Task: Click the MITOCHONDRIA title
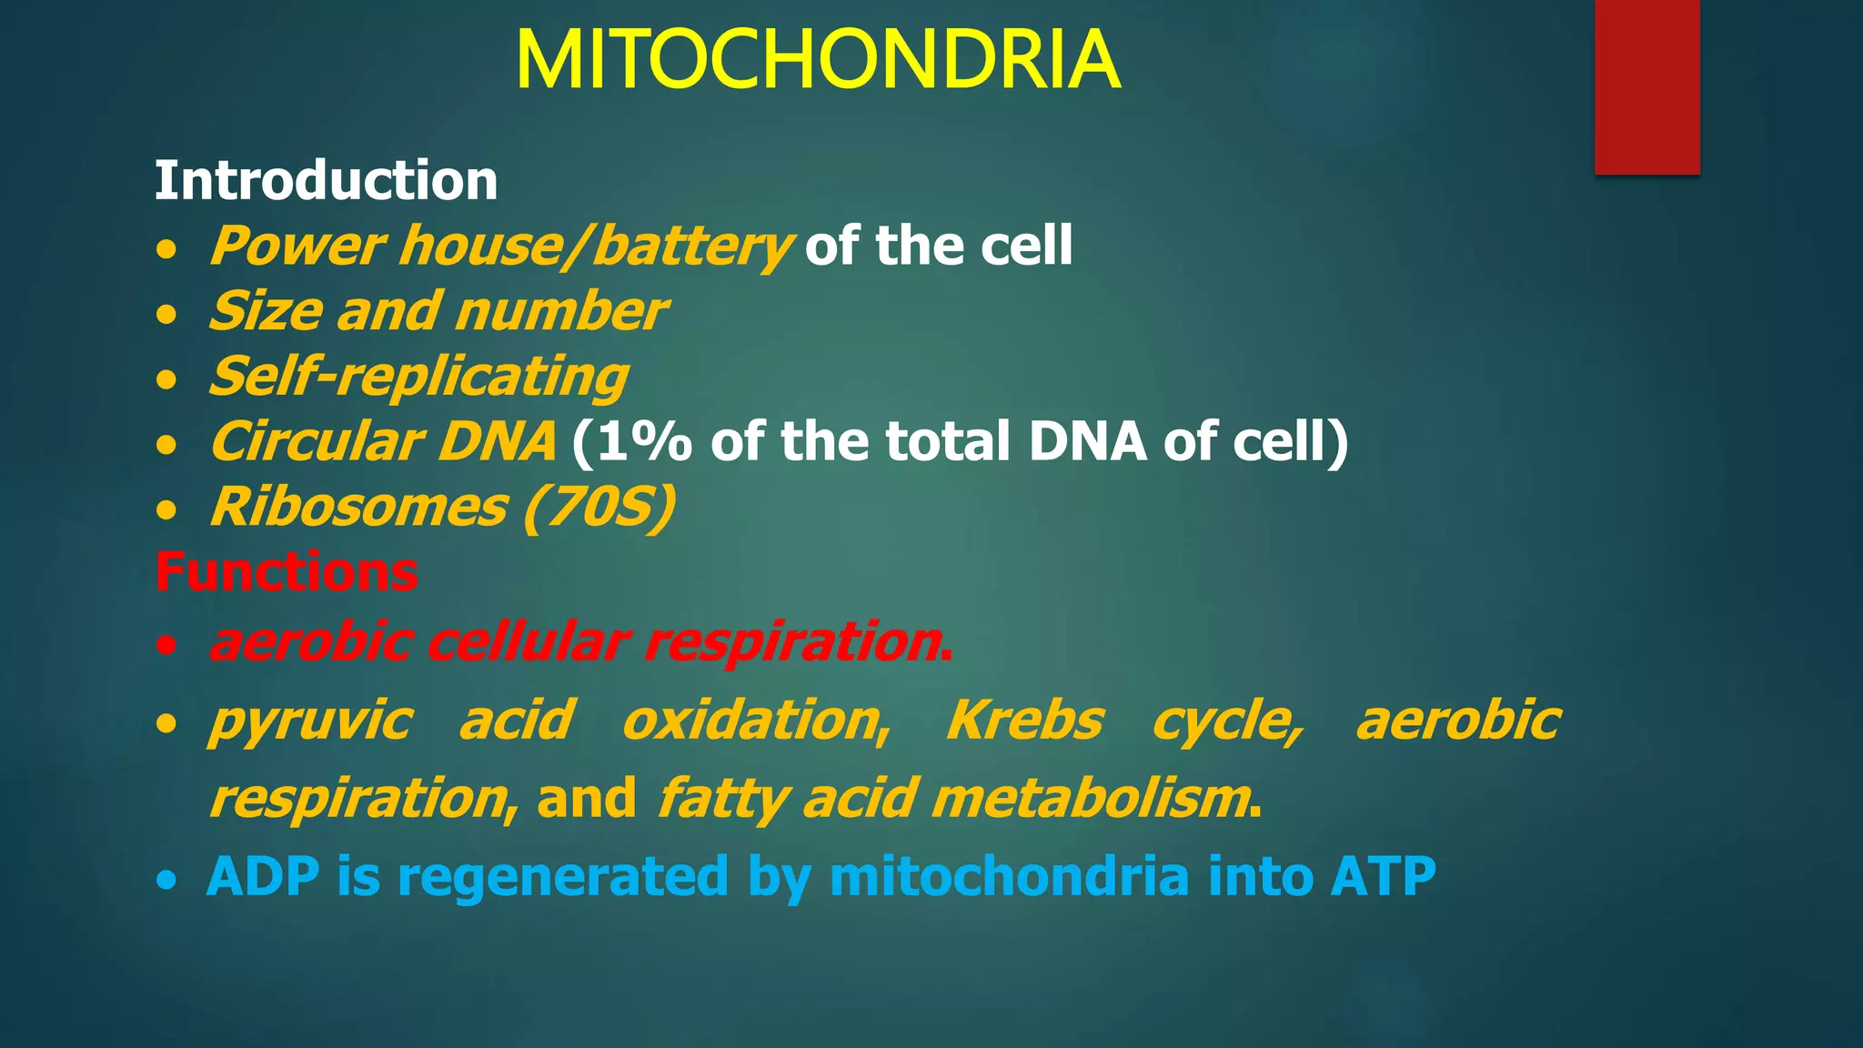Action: coord(817,61)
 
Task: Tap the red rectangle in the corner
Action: coord(1646,86)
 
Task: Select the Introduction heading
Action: coord(326,180)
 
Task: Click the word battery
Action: coord(691,246)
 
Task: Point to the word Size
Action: coord(266,311)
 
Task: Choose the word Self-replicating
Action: coord(418,377)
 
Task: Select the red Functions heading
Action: coord(287,572)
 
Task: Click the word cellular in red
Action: coord(528,641)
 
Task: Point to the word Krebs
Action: coord(1024,720)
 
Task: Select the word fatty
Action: coord(723,799)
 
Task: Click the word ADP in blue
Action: coord(263,876)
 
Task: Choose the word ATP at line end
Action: coord(1383,876)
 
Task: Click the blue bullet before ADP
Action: coord(166,880)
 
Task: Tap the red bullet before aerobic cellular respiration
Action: coord(166,646)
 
